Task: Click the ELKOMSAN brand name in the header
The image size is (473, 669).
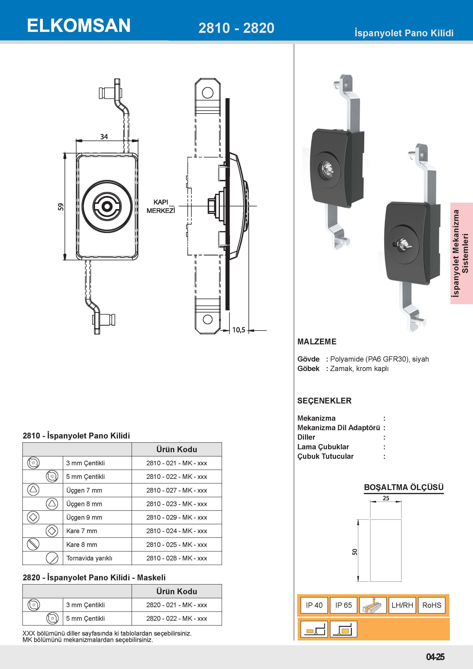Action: coord(79,26)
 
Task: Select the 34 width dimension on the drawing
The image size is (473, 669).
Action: coord(104,137)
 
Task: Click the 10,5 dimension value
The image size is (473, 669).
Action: coord(239,330)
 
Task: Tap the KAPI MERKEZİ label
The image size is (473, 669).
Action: coord(161,206)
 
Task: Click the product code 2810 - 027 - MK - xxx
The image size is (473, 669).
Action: coord(176,490)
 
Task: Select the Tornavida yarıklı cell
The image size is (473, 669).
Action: coord(89,558)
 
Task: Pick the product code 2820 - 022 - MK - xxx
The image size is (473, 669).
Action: coord(176,619)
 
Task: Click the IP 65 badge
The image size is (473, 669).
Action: coord(343,605)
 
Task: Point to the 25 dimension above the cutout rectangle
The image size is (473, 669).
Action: coord(386,498)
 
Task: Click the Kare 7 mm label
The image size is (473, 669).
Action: coord(82,531)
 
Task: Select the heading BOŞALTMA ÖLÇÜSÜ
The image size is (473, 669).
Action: coord(403,487)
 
